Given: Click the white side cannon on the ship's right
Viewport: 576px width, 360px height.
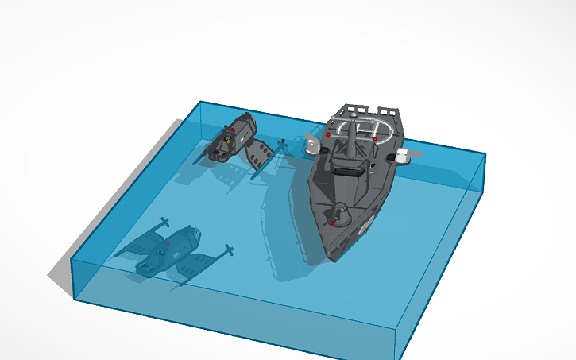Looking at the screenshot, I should pyautogui.click(x=404, y=156).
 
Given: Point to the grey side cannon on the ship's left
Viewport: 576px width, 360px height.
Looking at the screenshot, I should pyautogui.click(x=311, y=144).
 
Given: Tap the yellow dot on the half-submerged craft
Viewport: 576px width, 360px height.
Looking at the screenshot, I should pyautogui.click(x=227, y=139).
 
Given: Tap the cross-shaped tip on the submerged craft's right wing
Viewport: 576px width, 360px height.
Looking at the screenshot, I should pyautogui.click(x=229, y=251).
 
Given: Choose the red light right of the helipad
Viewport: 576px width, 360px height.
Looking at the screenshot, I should pyautogui.click(x=375, y=140).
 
